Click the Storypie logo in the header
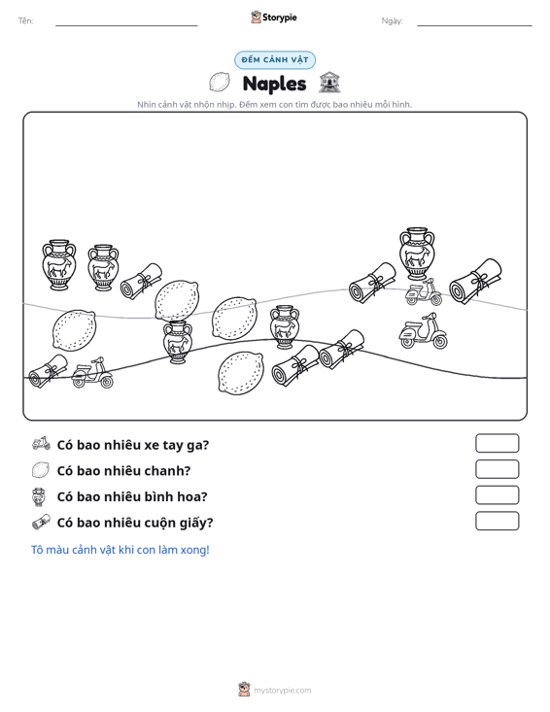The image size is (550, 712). (273, 17)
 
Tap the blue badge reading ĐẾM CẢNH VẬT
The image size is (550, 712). (275, 60)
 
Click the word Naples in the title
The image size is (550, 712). (274, 84)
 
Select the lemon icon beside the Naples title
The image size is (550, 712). (220, 83)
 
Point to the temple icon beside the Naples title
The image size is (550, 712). (329, 83)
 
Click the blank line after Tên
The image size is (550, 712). (126, 25)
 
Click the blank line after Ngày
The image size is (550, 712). (474, 25)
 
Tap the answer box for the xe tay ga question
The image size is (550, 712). (497, 443)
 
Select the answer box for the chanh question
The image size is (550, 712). (497, 469)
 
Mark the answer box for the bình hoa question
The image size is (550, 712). (497, 495)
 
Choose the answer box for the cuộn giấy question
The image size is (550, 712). (497, 521)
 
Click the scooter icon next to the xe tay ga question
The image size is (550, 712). (41, 444)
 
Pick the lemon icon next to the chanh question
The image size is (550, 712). (41, 469)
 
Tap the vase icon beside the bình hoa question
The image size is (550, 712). (39, 496)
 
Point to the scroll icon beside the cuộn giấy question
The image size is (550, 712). (41, 522)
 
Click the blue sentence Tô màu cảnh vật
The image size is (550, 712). (120, 550)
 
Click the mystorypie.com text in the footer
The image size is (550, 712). (282, 691)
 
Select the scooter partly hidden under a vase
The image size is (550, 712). (424, 292)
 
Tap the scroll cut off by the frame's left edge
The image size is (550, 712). (48, 371)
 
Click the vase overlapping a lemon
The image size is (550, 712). (178, 342)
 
